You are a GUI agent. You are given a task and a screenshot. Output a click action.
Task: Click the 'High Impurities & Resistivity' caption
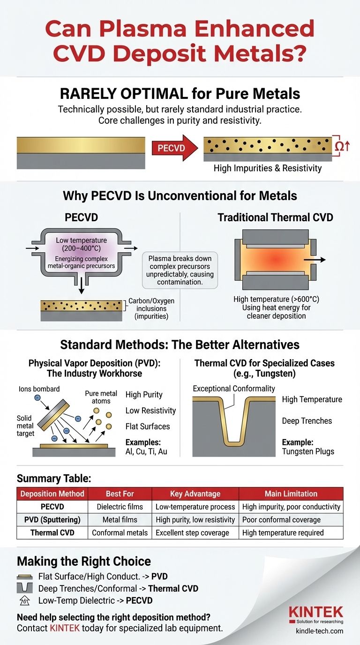268,168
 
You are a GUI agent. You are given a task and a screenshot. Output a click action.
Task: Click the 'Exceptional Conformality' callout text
234,389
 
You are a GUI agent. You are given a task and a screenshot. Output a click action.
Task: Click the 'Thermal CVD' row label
51,532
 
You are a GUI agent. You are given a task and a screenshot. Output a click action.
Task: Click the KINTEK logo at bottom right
315,612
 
